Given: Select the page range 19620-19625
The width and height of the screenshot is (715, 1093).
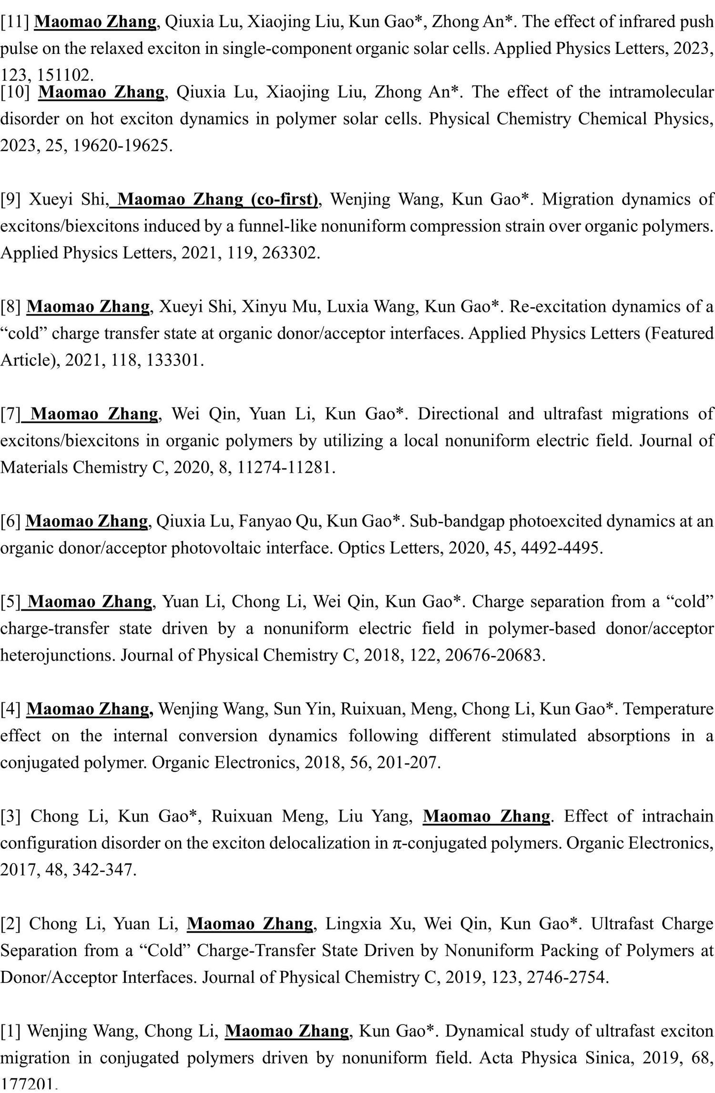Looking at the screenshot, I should (x=123, y=146).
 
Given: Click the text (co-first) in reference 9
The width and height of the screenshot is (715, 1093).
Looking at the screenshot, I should (x=284, y=199).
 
